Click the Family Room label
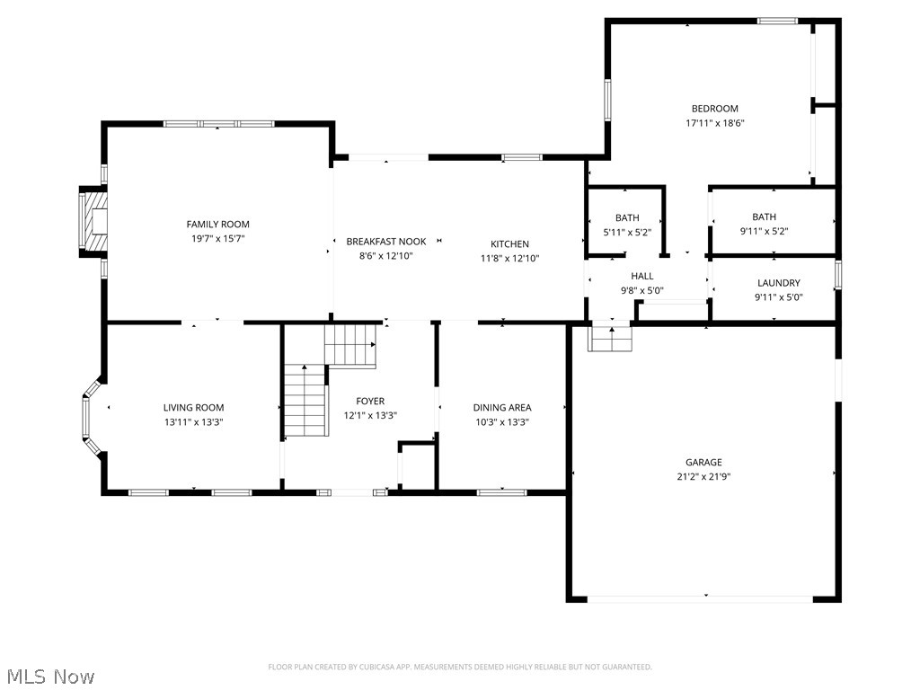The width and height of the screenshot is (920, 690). coord(217,225)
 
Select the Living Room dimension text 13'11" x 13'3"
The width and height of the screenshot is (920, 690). coord(193,421)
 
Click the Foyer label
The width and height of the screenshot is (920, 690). coord(370,402)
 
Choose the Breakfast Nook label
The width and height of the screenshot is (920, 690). coord(386,243)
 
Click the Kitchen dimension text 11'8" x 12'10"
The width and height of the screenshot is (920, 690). coord(509,259)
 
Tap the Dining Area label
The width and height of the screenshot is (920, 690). coord(502,408)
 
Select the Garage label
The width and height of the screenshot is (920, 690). coord(703,463)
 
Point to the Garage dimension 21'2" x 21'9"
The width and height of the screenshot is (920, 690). coord(703,477)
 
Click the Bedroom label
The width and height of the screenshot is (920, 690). coord(714,109)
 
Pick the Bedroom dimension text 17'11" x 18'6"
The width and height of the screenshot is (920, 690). coord(714,124)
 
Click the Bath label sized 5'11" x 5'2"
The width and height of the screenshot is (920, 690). coord(627,218)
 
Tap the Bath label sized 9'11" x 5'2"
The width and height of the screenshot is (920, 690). coord(764,217)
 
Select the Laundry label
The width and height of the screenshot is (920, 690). coord(778,283)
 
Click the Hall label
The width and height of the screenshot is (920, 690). coord(641,277)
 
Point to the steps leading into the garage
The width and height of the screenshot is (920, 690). coord(611,339)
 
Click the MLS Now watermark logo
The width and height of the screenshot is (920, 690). coord(49,676)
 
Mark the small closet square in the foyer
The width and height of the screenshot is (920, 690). coord(416,465)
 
